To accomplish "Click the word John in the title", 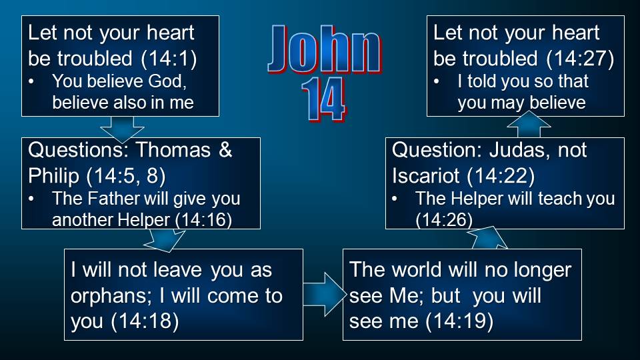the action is click(325, 50).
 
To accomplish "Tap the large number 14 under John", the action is click(323, 100).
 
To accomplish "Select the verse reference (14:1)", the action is click(169, 59).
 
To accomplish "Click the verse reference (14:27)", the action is click(580, 59).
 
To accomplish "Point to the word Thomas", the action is click(173, 150).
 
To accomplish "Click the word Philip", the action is click(53, 176).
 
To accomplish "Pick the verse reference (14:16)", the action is click(203, 220).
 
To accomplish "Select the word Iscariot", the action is click(426, 176).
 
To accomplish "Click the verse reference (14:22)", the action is click(501, 176).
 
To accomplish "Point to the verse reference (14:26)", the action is click(444, 220).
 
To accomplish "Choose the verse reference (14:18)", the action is click(145, 321).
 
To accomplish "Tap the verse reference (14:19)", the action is click(459, 321).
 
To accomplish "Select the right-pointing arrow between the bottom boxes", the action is click(325, 294).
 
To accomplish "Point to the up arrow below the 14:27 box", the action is click(529, 124).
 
